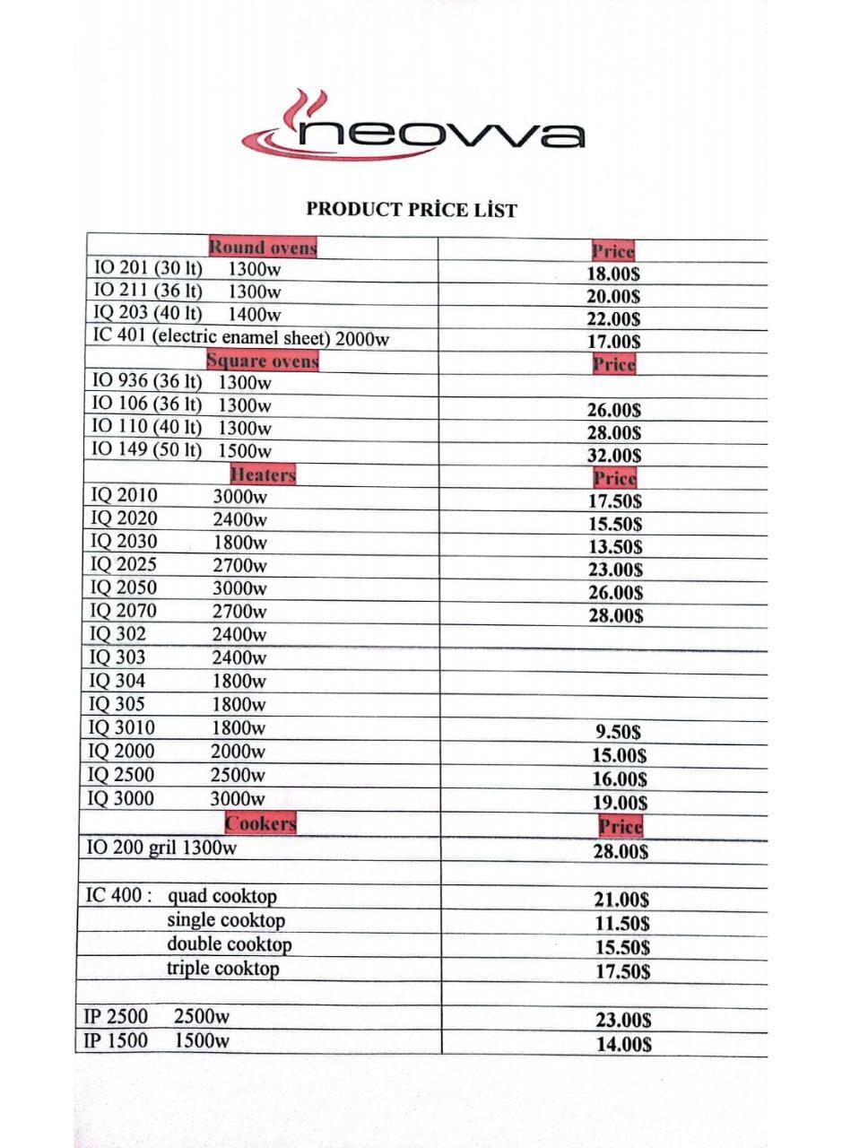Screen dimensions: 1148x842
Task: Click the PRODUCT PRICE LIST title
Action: (x=412, y=210)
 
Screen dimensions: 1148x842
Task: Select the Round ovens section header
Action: (x=262, y=247)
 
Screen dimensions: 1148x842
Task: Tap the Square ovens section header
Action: (x=262, y=361)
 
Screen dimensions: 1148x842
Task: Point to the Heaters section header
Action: (x=262, y=474)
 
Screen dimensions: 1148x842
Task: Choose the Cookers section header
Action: (x=260, y=822)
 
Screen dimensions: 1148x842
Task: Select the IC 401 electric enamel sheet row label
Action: (x=240, y=338)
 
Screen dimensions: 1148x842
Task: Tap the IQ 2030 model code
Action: (x=124, y=542)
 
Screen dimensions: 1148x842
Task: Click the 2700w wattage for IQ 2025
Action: (x=239, y=565)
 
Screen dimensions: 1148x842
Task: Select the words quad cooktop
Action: (x=221, y=896)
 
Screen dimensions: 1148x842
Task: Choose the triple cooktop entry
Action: (x=222, y=969)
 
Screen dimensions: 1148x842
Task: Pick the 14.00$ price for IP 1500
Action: (x=623, y=1044)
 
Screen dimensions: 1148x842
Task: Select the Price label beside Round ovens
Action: (x=613, y=252)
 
